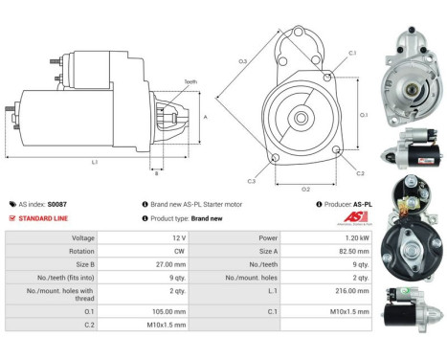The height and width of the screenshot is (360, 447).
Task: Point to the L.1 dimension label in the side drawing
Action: [x=94, y=162]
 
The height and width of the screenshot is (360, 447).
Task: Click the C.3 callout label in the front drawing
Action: [x=251, y=180]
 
